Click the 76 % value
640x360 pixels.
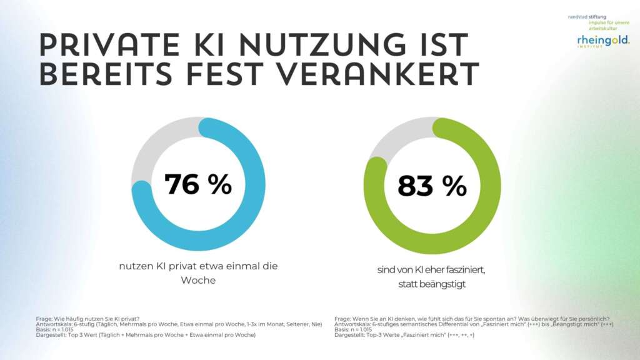coord(197,185)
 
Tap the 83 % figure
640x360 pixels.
coord(432,186)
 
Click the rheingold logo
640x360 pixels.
coord(602,41)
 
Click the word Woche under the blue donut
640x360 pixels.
coord(197,281)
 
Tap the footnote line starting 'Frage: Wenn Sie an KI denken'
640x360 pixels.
coord(472,319)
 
